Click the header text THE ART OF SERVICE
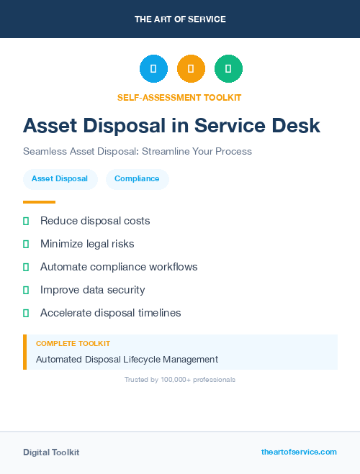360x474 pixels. pos(180,19)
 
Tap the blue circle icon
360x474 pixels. pos(153,68)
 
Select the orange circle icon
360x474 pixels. pos(191,68)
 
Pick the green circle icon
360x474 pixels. pos(228,68)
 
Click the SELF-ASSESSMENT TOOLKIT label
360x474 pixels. pos(180,97)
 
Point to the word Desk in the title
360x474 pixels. pos(294,125)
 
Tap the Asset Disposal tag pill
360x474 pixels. pos(60,179)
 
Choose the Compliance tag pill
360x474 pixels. pos(137,179)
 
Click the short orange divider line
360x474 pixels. pos(39,202)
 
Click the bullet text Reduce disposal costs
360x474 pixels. pos(95,221)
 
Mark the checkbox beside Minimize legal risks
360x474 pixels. pos(26,244)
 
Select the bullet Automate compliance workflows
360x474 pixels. pos(119,267)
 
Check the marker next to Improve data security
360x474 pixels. pos(26,290)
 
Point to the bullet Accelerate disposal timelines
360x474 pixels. pos(110,313)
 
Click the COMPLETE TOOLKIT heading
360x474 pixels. pos(73,344)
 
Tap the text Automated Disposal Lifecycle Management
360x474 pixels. pos(127,359)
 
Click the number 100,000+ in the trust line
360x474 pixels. pos(174,379)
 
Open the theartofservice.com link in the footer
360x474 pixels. pos(299,452)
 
